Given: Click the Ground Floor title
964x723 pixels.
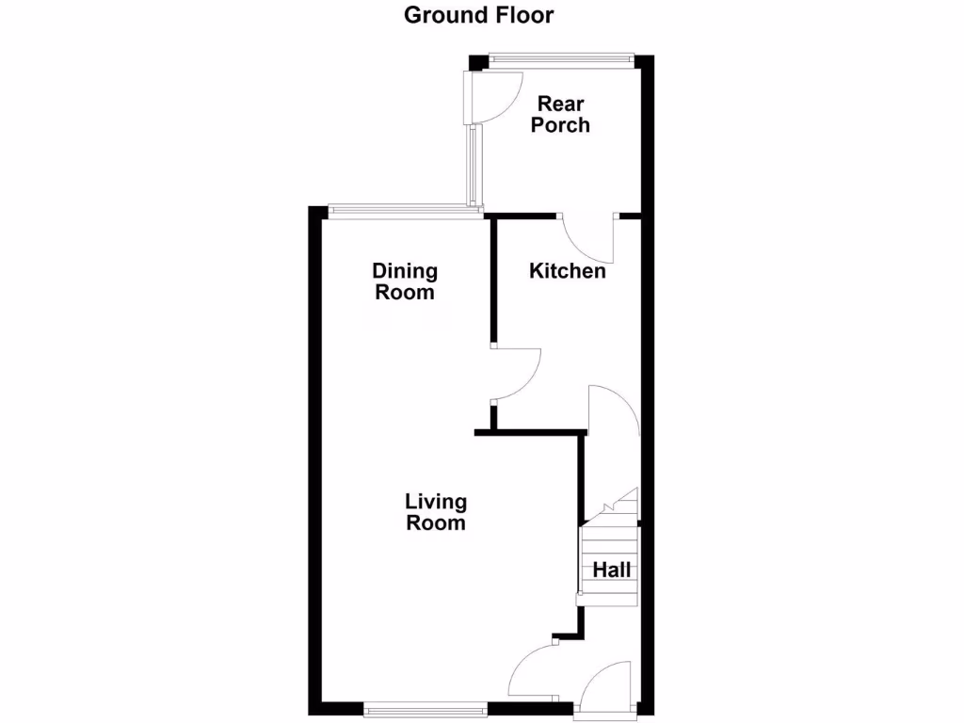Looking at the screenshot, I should [479, 15].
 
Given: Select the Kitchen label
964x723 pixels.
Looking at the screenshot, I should [567, 271].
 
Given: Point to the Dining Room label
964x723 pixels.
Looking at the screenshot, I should [405, 281].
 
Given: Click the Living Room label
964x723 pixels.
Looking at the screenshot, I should [436, 511].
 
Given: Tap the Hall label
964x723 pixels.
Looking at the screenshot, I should [611, 570].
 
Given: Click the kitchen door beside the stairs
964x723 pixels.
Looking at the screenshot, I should [612, 410].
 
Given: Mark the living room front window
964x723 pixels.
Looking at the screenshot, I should [426, 708].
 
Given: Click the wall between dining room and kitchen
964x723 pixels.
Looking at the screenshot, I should [492, 280].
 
